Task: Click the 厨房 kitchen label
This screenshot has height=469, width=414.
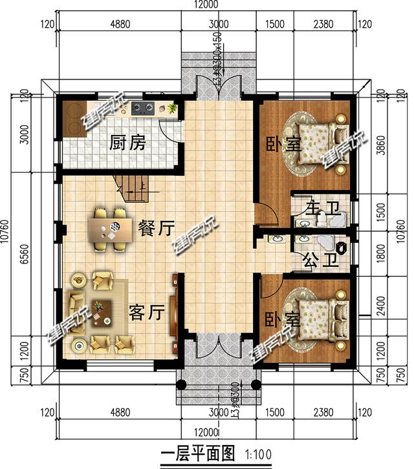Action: [127, 142]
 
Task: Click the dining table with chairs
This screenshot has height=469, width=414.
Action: [111, 227]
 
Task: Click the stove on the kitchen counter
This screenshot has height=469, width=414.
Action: [142, 109]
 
